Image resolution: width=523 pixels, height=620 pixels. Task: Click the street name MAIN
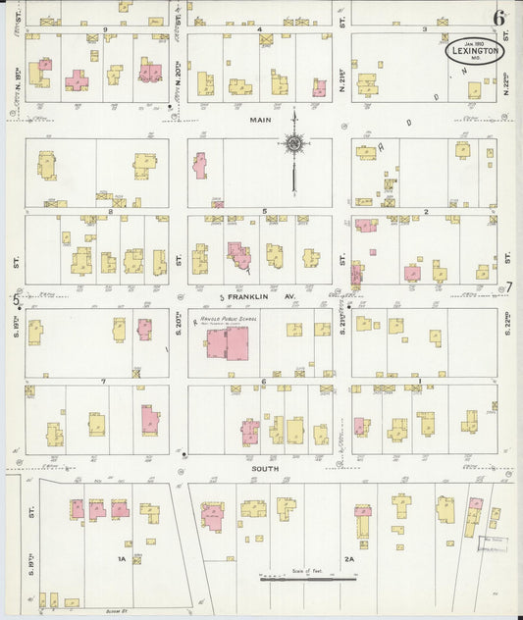[259, 120]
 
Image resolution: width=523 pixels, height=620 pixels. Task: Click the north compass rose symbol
[293, 144]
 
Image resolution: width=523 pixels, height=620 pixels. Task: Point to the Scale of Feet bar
[307, 579]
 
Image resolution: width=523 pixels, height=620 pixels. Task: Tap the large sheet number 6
[499, 18]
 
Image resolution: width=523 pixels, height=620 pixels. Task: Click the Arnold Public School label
[226, 320]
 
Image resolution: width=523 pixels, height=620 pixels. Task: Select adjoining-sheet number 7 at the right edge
[508, 287]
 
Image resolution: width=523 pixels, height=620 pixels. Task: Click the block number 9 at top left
[104, 29]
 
